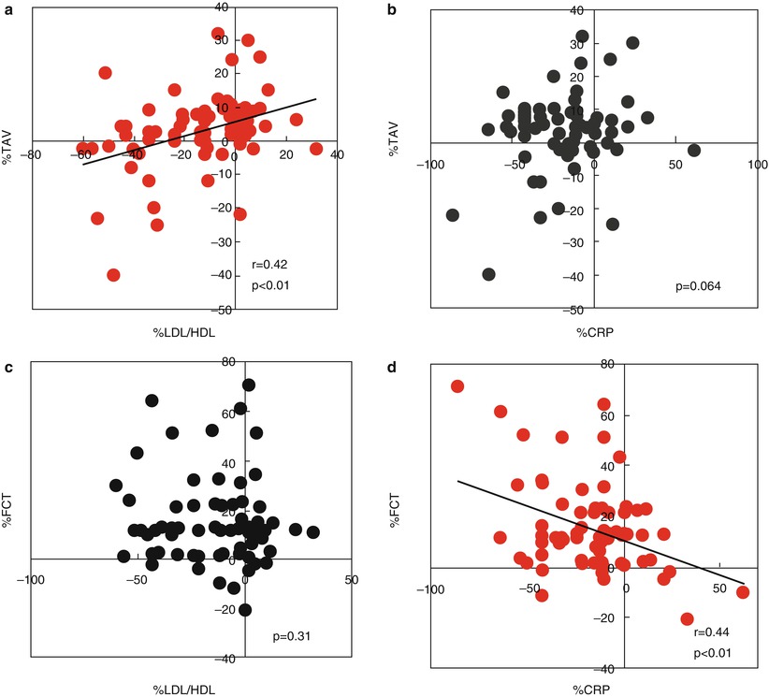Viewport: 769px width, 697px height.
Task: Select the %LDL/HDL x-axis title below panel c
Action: [x=190, y=690]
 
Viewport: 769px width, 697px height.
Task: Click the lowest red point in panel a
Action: [x=113, y=275]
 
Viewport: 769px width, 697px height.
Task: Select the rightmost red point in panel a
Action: [x=315, y=149]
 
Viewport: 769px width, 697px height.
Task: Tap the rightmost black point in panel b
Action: [x=693, y=150]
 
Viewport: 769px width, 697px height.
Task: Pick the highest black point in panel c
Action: [x=249, y=385]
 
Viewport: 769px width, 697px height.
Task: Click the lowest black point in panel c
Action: [x=245, y=610]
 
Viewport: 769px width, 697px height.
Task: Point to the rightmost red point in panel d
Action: [x=743, y=591]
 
